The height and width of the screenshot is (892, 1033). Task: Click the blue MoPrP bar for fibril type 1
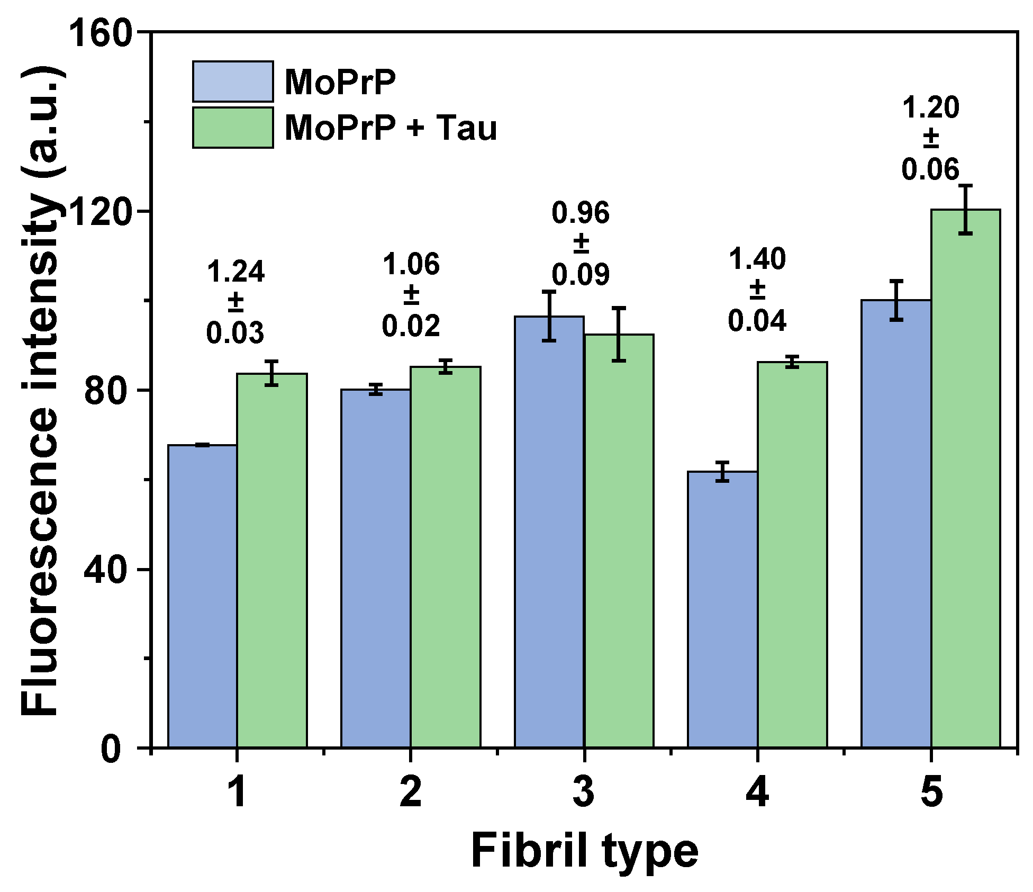[x=202, y=596]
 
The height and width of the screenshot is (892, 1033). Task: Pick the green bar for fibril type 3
[x=619, y=540]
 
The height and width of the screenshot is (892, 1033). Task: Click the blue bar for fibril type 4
[x=722, y=609]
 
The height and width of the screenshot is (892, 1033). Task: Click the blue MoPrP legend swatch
[x=233, y=82]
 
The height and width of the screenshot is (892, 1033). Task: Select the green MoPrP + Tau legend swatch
[x=233, y=128]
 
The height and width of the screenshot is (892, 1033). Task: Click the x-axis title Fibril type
[x=584, y=852]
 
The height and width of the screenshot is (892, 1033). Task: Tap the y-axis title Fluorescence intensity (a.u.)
[x=40, y=392]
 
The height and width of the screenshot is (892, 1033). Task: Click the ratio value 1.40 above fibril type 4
[x=757, y=260]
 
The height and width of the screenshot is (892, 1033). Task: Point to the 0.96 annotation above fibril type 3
[x=581, y=213]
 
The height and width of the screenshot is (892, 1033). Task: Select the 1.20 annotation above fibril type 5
[x=930, y=109]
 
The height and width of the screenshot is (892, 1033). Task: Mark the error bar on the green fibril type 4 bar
[x=792, y=362]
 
